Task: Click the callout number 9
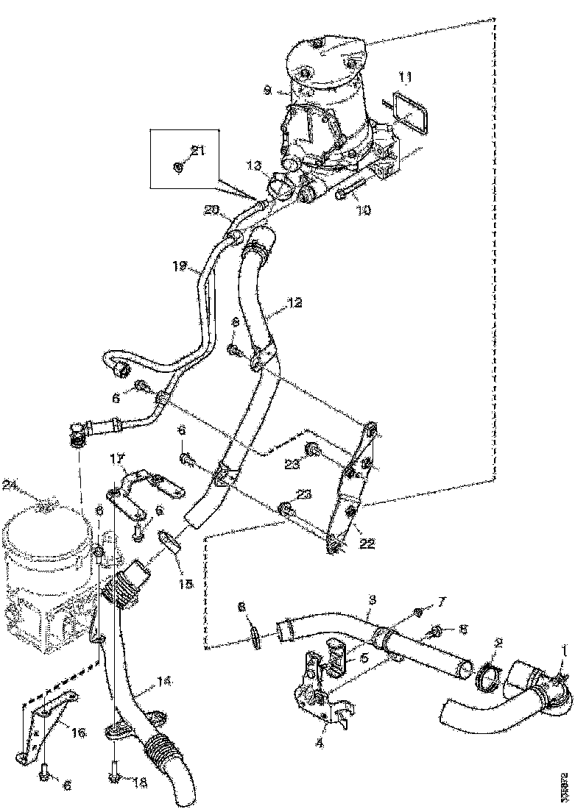click(268, 90)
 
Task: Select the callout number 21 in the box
click(197, 151)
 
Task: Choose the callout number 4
click(320, 744)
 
